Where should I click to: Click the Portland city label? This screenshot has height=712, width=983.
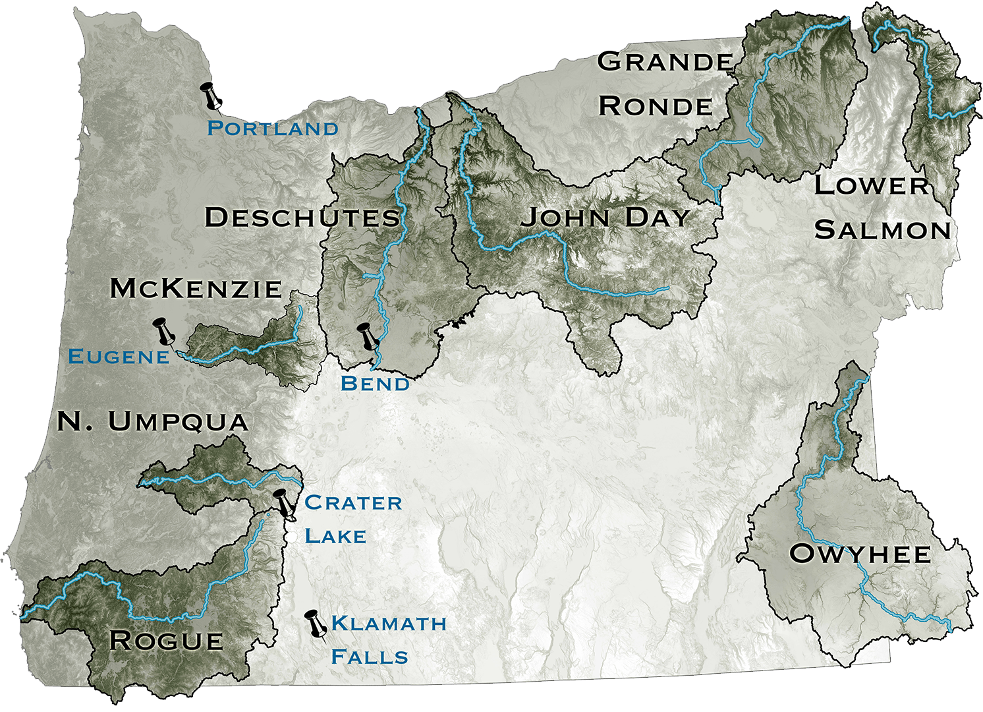[x=273, y=128]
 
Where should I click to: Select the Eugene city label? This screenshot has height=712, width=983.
[x=119, y=357]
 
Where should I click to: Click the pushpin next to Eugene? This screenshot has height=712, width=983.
[x=164, y=331]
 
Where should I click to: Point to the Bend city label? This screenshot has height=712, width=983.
[x=375, y=383]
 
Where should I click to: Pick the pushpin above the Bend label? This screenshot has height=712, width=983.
[x=367, y=336]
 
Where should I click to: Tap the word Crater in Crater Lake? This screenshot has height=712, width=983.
[x=353, y=502]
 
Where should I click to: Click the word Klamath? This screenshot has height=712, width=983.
[x=389, y=623]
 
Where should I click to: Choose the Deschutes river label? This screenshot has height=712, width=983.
[x=302, y=217]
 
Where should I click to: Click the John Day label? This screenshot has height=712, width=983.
[x=605, y=217]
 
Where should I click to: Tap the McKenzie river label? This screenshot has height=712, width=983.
[x=196, y=288]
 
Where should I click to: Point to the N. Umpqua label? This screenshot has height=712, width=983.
[x=153, y=421]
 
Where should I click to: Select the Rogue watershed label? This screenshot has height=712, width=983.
[x=166, y=640]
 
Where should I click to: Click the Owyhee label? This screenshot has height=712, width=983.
[x=860, y=554]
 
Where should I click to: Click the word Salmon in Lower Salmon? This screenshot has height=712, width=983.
[x=883, y=230]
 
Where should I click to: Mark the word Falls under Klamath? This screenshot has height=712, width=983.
[x=370, y=657]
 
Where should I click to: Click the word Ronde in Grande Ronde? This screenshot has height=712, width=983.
[x=656, y=106]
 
